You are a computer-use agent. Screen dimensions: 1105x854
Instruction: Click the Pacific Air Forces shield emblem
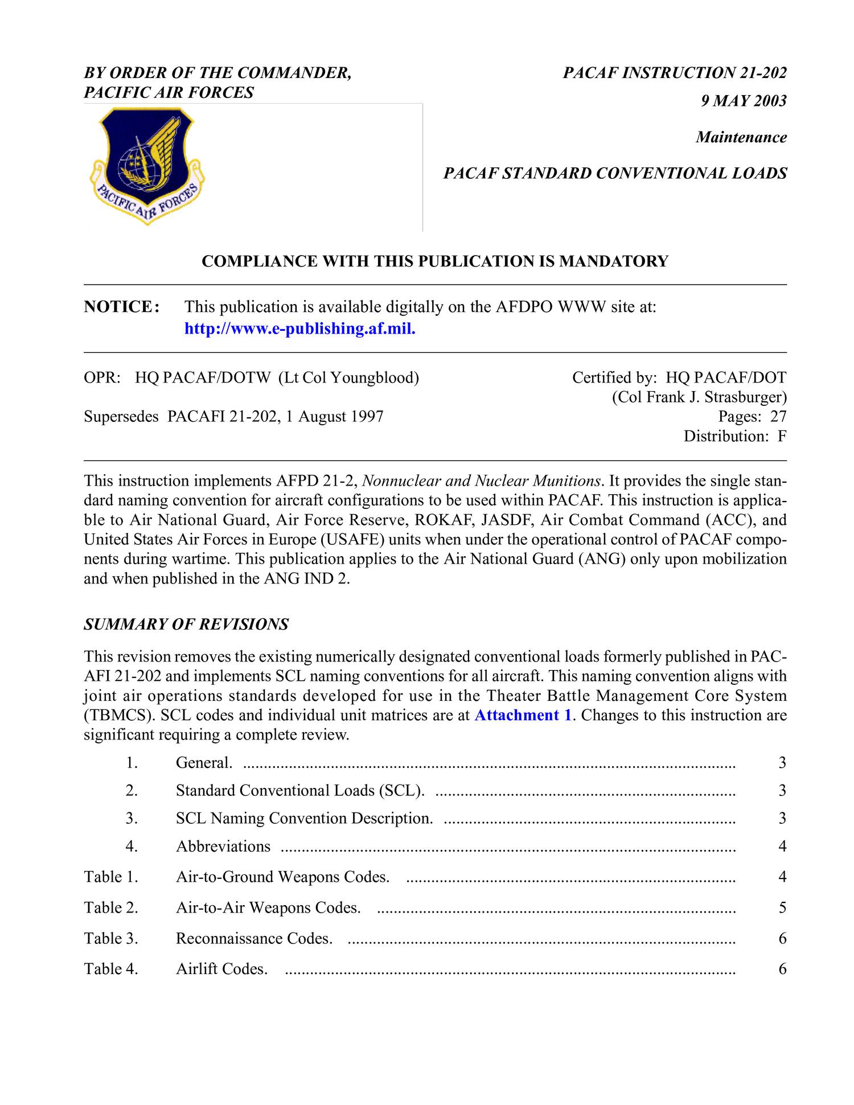(147, 166)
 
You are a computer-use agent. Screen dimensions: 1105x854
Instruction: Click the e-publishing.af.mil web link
(300, 329)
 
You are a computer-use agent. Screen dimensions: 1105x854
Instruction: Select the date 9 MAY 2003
(744, 101)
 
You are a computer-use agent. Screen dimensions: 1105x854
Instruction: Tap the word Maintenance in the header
(741, 137)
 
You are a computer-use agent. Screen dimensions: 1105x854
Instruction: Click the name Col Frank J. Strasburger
(700, 397)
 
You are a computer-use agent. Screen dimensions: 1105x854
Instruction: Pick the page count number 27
(778, 416)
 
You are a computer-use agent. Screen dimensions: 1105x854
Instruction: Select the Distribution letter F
(782, 436)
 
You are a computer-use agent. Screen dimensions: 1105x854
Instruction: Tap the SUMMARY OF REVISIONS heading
(186, 625)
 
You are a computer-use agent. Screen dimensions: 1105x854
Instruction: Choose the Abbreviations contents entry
(223, 846)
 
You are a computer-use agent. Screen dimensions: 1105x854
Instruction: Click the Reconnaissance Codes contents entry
(254, 938)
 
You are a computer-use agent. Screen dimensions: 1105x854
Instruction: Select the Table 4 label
(112, 968)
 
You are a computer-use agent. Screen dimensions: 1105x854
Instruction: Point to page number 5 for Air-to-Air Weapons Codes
(782, 907)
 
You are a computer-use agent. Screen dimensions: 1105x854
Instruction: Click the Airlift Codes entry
(221, 968)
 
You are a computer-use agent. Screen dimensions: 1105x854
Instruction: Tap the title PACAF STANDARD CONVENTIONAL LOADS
(615, 173)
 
